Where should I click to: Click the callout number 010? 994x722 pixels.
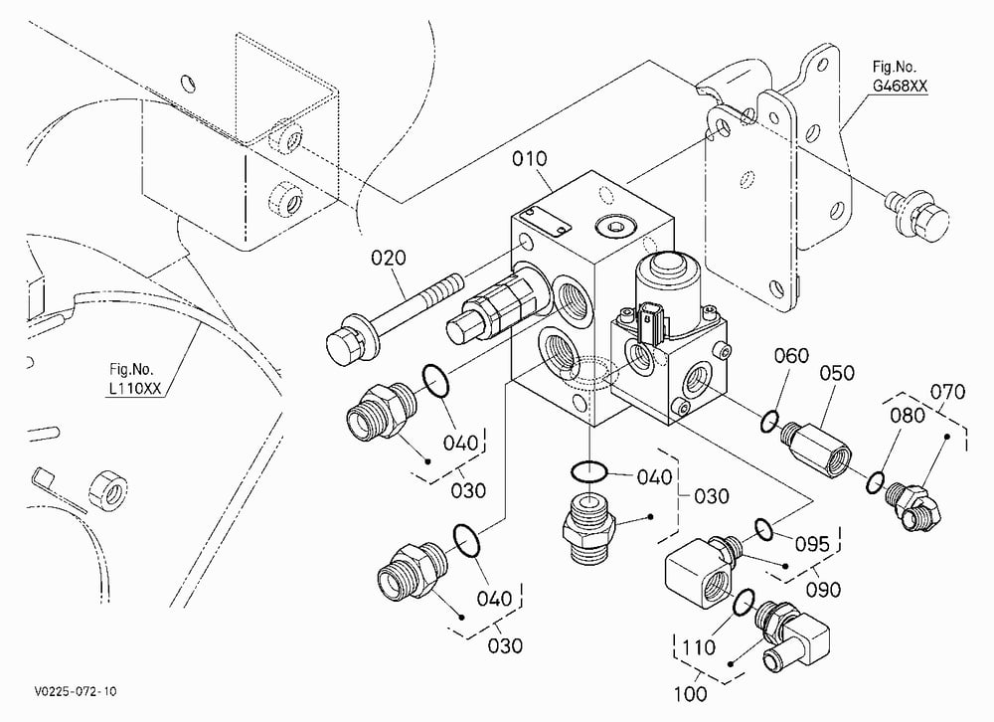(x=530, y=158)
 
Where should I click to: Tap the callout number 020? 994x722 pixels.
(x=388, y=259)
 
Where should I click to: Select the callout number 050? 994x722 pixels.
(x=837, y=373)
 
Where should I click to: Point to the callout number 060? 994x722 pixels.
(x=791, y=356)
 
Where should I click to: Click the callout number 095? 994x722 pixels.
(x=812, y=544)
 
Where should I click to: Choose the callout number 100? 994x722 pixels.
(x=690, y=694)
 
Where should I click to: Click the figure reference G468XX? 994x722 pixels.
(x=899, y=87)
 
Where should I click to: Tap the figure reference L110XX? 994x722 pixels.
(x=135, y=388)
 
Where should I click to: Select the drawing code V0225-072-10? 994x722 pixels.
(x=76, y=691)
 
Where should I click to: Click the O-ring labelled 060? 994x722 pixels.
(x=769, y=422)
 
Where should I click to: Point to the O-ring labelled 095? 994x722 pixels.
(x=763, y=530)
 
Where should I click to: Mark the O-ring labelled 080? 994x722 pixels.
(x=876, y=482)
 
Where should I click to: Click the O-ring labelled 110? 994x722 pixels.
(x=744, y=602)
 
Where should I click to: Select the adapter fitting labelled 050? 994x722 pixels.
(x=815, y=448)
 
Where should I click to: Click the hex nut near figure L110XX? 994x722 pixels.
(x=107, y=490)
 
